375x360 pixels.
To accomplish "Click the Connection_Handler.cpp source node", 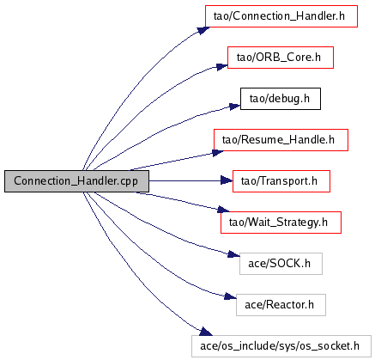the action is click(76, 181).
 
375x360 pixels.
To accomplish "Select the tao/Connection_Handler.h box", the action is click(281, 16).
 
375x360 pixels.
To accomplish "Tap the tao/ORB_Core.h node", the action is click(281, 58).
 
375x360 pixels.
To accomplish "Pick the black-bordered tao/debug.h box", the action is click(281, 99).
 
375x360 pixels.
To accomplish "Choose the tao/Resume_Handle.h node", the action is click(281, 140).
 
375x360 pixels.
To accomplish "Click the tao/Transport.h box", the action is click(281, 181).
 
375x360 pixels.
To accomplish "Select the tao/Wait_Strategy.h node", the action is click(281, 223).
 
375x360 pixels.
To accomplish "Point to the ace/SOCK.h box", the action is click(281, 264).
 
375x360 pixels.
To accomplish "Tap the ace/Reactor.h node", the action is click(281, 305).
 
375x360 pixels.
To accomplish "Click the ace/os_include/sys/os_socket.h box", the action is click(281, 346).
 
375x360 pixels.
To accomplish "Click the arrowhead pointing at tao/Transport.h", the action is click(227, 180).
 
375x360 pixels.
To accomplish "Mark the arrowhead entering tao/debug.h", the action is click(235, 107).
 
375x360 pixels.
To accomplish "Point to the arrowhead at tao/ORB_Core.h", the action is click(222, 67).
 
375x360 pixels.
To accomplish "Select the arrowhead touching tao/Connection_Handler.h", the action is click(203, 31).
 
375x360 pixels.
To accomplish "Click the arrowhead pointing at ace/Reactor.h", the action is click(230, 296).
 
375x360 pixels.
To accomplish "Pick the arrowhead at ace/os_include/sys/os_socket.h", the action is click(206, 332).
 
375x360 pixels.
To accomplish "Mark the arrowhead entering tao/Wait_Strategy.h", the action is click(223, 210).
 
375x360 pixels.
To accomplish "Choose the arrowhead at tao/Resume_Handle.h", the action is click(218, 153).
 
